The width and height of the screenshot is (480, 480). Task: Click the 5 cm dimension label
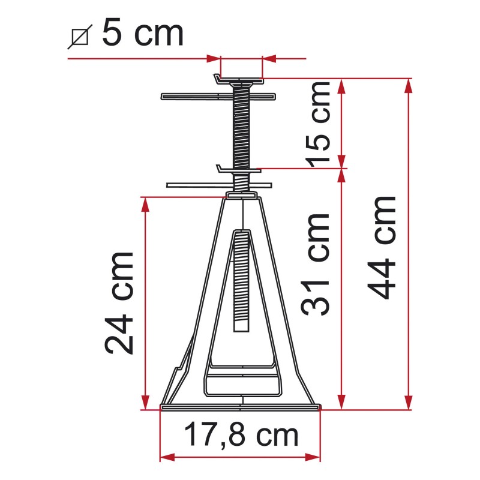coord(143,33)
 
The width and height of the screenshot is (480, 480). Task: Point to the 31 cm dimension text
coord(316,264)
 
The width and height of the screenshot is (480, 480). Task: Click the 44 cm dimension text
coord(383,247)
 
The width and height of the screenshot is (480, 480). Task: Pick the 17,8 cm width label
coord(240,434)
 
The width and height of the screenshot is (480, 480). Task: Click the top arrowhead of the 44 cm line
coord(409,85)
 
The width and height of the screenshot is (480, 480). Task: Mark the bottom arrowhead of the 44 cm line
coord(409,403)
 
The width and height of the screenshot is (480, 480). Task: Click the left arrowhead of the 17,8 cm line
coord(166,457)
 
